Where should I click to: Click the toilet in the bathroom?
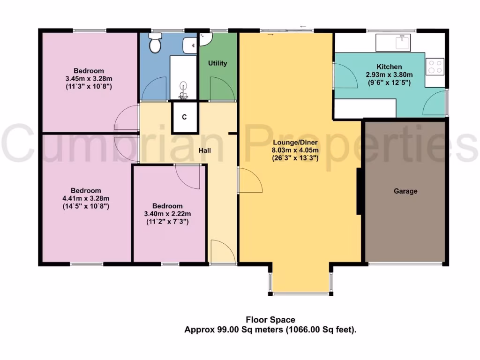(155, 44)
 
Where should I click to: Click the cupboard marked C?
(184, 117)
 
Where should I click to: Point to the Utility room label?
(218, 63)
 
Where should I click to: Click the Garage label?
(405, 191)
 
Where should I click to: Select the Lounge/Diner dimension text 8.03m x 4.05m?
(295, 150)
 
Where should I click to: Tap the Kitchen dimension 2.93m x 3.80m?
(389, 75)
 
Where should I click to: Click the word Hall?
(204, 150)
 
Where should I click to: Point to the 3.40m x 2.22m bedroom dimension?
(167, 214)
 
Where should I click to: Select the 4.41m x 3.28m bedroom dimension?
(86, 198)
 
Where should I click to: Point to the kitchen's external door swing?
(435, 104)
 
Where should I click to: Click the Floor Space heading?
(270, 320)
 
